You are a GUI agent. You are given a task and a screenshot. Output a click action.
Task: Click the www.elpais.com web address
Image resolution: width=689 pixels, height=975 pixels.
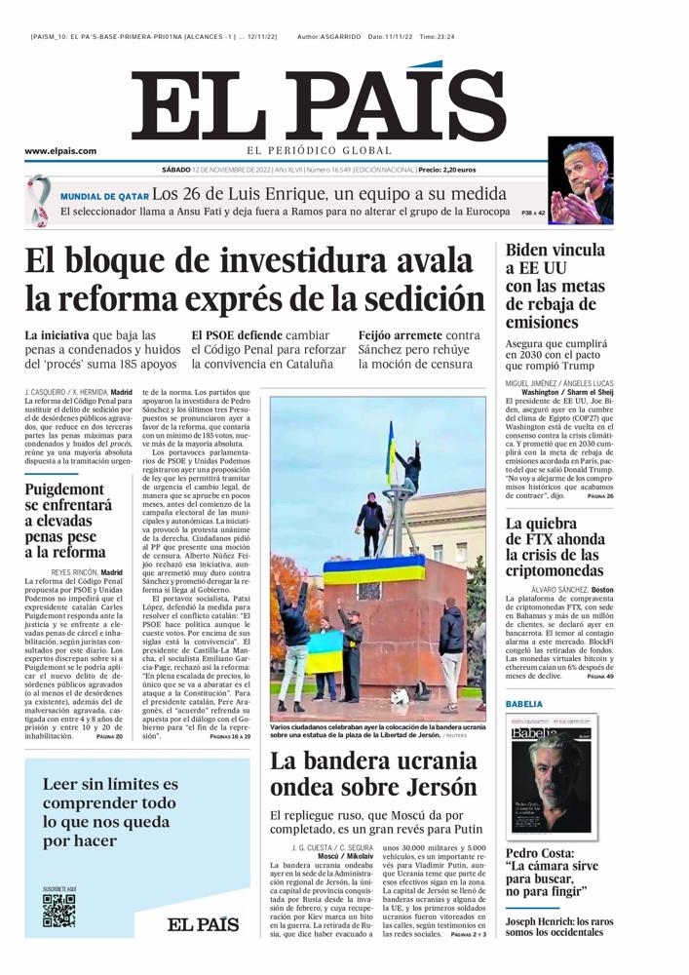click(60, 151)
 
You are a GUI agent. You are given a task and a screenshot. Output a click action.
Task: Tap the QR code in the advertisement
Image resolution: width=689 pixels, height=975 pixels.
click(58, 911)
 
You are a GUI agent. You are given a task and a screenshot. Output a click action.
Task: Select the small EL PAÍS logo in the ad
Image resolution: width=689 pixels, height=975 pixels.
click(202, 923)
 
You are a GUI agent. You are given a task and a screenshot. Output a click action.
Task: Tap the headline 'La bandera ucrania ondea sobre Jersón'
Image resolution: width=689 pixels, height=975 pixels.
click(373, 773)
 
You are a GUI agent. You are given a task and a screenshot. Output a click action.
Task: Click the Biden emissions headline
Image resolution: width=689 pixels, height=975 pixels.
click(555, 286)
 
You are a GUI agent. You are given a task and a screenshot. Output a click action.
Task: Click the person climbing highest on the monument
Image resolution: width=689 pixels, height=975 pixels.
click(411, 468)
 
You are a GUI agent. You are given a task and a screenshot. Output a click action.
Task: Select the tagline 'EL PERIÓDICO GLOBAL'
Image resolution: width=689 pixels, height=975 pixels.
click(319, 150)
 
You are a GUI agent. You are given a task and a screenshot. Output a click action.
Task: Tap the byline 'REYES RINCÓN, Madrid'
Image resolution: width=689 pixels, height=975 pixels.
click(88, 572)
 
